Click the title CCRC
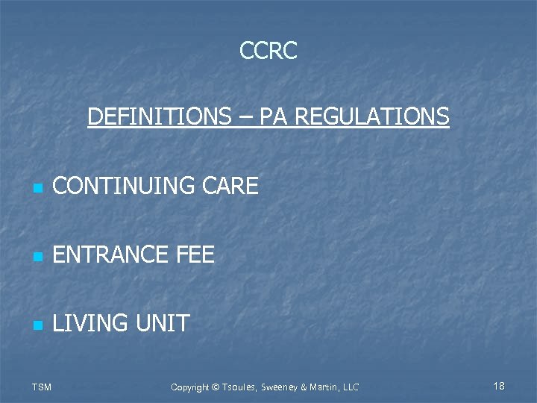pyautogui.click(x=268, y=51)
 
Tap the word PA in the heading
pyautogui.click(x=273, y=116)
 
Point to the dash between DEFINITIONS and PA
pyautogui.click(x=247, y=117)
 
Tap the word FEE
pyautogui.click(x=195, y=255)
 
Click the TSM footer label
pyautogui.click(x=42, y=387)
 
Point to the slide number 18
pyautogui.click(x=499, y=386)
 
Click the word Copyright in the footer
pyautogui.click(x=189, y=387)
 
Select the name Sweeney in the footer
pyautogui.click(x=274, y=387)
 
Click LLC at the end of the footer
pyautogui.click(x=350, y=387)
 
